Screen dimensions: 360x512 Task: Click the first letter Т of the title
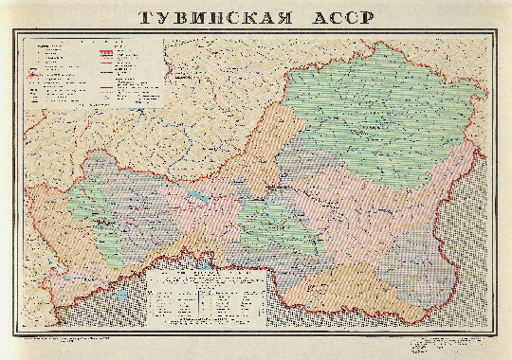pyautogui.click(x=144, y=17)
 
